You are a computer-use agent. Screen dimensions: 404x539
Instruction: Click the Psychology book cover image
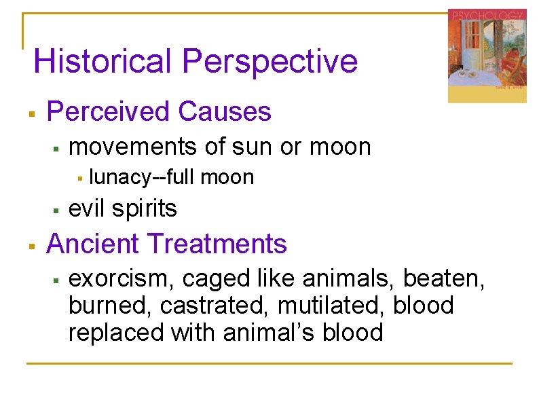[487, 56]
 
